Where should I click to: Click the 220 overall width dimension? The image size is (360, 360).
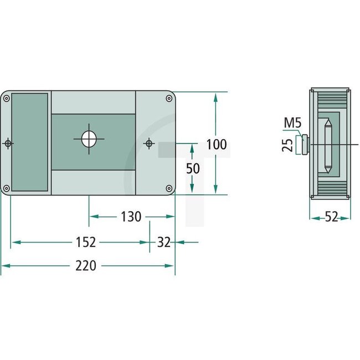click(86, 265)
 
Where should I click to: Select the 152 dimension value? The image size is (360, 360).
click(86, 242)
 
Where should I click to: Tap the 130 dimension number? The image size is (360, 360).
click(131, 217)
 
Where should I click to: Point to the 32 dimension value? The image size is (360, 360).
click(164, 242)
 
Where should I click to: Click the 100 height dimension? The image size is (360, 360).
click(216, 145)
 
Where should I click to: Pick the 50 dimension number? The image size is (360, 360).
click(193, 169)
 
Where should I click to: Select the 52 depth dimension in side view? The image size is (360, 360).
click(331, 218)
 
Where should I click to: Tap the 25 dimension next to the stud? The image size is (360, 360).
click(287, 145)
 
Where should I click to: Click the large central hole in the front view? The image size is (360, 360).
click(89, 139)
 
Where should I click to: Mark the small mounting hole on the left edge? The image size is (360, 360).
click(8, 143)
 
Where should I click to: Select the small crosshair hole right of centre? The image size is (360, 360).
click(148, 143)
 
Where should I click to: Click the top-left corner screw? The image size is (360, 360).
click(6, 99)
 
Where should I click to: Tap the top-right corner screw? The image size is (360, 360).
click(168, 99)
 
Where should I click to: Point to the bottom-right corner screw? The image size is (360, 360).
click(168, 187)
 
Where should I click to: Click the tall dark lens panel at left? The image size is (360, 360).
click(29, 142)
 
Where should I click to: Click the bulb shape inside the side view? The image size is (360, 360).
click(327, 145)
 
